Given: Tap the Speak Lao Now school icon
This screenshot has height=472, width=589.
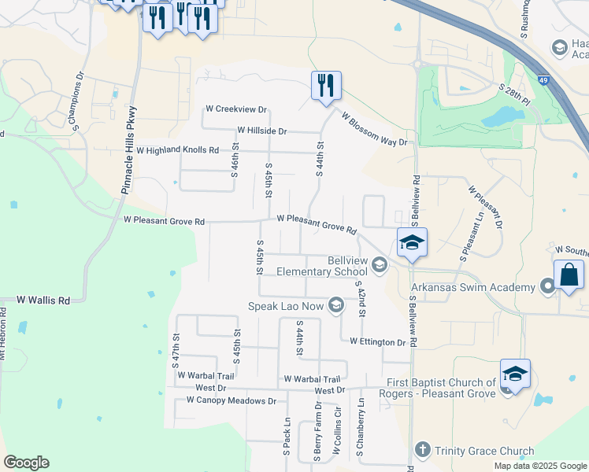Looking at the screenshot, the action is click(x=336, y=305).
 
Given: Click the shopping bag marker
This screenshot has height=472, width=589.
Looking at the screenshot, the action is click(x=569, y=276).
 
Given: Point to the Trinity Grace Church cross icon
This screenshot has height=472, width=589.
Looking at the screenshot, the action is click(x=422, y=450).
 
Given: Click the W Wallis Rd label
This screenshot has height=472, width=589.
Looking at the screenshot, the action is click(x=43, y=300).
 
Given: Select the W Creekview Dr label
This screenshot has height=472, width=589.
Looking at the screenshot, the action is click(x=236, y=109).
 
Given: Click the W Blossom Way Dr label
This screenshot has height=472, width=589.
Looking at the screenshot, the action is click(x=375, y=127).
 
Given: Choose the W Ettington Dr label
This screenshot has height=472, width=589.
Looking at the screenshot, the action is click(x=373, y=342).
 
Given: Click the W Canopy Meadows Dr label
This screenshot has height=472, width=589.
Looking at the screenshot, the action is click(x=232, y=400).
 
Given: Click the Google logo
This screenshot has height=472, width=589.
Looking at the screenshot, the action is click(x=26, y=463).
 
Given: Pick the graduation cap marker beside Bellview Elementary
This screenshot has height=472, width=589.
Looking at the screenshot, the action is click(x=411, y=243).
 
